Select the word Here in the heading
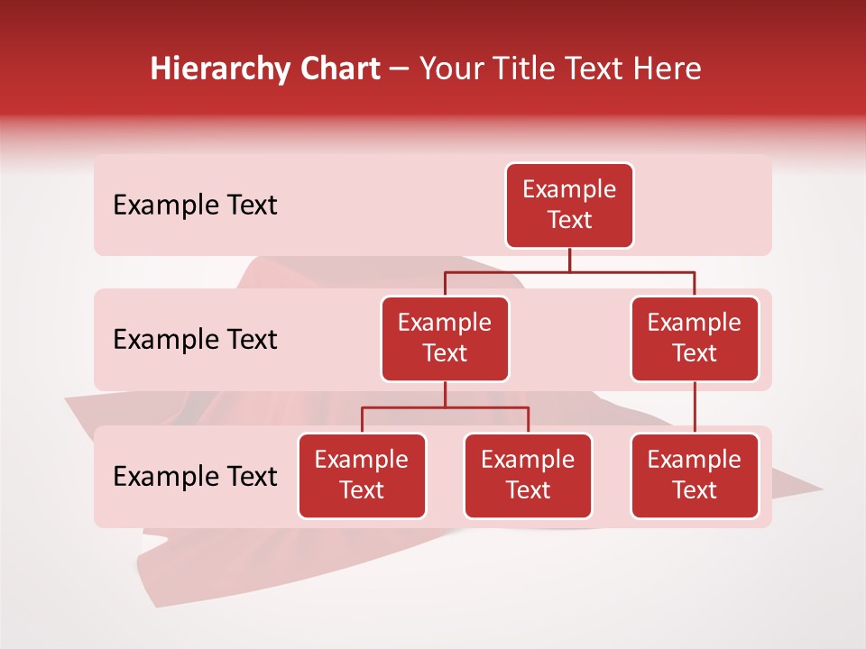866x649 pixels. (x=668, y=69)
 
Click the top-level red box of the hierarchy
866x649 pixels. (x=569, y=206)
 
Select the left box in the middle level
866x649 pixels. (x=445, y=339)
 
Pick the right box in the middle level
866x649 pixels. (x=695, y=339)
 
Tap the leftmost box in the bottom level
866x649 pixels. (x=362, y=476)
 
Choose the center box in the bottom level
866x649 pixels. (x=528, y=476)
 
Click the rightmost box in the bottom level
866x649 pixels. (x=695, y=476)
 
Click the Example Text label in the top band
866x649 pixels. (x=195, y=206)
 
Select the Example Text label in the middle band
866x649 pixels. (x=195, y=340)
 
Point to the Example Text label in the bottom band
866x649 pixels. (x=195, y=476)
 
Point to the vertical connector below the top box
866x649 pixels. (x=569, y=260)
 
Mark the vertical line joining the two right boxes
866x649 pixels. (x=695, y=407)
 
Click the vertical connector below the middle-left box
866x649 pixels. (x=445, y=395)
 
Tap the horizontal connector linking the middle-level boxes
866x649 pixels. (x=569, y=271)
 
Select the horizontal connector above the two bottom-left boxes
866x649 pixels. (x=445, y=407)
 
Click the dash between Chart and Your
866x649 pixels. (x=399, y=69)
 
